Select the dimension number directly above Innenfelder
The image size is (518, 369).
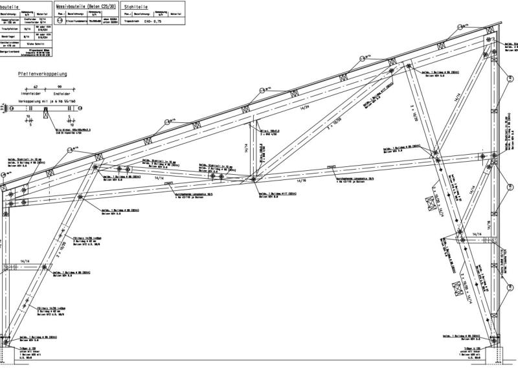click(x=36, y=85)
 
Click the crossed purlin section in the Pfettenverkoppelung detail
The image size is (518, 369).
click(x=45, y=113)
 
